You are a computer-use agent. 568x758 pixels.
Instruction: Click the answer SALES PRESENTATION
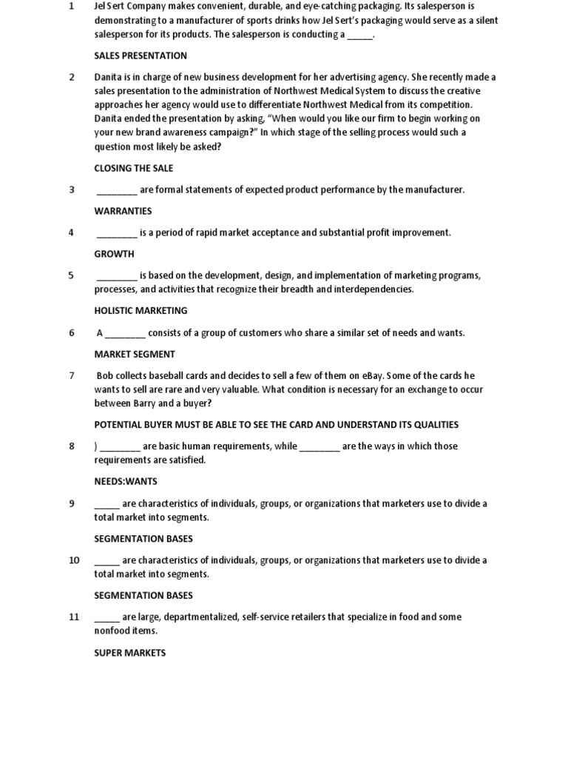[x=141, y=56]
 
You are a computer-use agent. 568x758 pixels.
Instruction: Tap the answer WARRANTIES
[x=123, y=211]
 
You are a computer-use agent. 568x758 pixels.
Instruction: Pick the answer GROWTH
[x=114, y=254]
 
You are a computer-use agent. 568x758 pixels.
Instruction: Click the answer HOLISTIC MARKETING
[x=141, y=311]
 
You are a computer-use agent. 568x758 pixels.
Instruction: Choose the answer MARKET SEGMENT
[x=135, y=354]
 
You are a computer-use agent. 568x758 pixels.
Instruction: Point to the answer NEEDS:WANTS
[x=126, y=481]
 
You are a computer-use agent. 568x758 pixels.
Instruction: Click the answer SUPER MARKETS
[x=130, y=653]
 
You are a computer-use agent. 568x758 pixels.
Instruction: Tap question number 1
[x=72, y=7]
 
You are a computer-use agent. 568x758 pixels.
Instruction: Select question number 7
[x=72, y=375]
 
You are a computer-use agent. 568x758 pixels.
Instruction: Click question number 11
[x=74, y=617]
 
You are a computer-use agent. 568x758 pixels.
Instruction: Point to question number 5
[x=72, y=275]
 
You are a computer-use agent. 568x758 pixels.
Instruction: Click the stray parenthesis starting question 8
[x=95, y=446]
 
